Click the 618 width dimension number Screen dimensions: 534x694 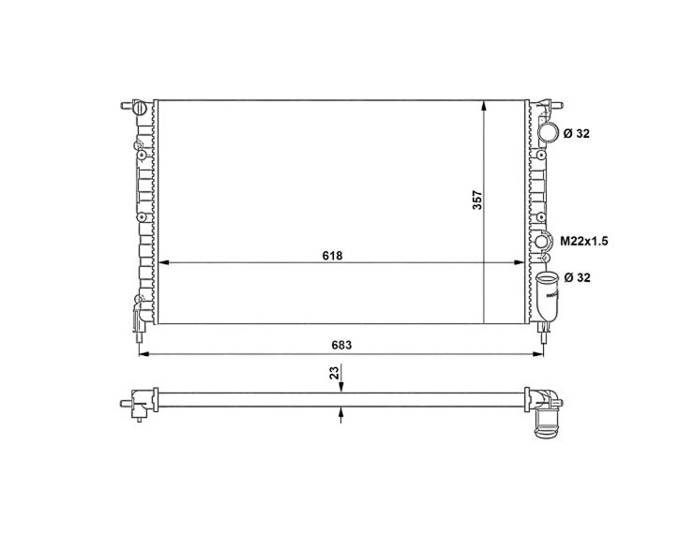(332, 255)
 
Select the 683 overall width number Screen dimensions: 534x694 (343, 345)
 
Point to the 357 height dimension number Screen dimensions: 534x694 (476, 200)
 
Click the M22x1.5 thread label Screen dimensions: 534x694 (584, 242)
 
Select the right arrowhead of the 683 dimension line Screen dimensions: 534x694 (540, 354)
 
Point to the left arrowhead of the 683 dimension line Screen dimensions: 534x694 (143, 354)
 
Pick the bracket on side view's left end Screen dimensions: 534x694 (140, 404)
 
